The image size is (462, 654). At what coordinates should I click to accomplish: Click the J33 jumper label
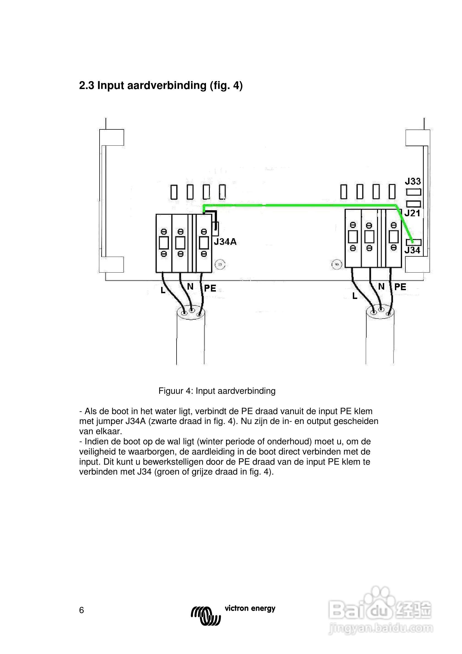click(x=413, y=181)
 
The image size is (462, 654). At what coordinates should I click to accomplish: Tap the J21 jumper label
click(x=413, y=213)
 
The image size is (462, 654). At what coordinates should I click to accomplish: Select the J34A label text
click(x=225, y=242)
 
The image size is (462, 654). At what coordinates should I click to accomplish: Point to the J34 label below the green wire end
click(x=413, y=250)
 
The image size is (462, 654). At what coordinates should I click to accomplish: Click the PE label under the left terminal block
click(x=210, y=288)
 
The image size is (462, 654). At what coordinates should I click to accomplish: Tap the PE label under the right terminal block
click(x=400, y=287)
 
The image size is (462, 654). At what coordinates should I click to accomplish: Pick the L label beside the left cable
click(x=163, y=290)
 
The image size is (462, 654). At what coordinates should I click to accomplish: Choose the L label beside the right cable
click(x=354, y=296)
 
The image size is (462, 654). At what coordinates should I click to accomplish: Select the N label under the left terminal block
click(x=190, y=287)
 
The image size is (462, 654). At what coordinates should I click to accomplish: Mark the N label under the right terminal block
click(x=381, y=287)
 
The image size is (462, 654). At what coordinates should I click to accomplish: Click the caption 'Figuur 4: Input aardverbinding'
click(x=217, y=391)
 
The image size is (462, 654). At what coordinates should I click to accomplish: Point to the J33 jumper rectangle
click(x=414, y=192)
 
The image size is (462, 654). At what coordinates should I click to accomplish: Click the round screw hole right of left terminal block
click(x=220, y=265)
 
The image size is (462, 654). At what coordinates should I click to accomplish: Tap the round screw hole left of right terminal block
click(x=337, y=265)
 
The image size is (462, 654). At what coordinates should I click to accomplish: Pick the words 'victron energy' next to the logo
click(x=250, y=609)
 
